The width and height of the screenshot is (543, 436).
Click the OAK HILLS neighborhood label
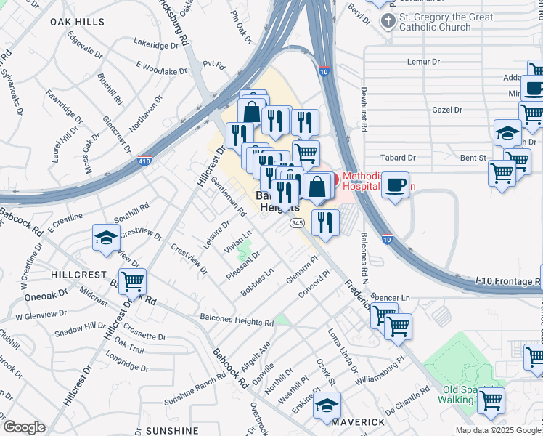click(77, 23)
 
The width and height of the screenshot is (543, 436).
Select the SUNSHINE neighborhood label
click(171, 430)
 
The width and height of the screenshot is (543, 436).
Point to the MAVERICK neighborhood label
click(358, 421)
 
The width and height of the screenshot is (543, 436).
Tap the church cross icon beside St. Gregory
click(389, 20)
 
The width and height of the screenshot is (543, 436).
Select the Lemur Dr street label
click(425, 62)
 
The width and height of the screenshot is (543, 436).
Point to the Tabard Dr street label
click(399, 157)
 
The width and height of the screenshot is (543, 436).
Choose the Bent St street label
click(472, 157)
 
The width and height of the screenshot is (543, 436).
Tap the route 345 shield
click(297, 222)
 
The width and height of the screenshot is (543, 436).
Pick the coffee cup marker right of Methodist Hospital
click(395, 185)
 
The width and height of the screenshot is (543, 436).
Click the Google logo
click(24, 427)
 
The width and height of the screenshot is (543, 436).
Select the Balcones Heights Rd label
click(237, 320)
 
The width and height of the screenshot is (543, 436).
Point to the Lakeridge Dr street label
click(156, 45)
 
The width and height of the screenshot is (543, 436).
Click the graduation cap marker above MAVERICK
click(327, 404)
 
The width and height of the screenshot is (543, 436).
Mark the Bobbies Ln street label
click(258, 282)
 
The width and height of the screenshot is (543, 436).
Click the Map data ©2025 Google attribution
click(498, 430)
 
